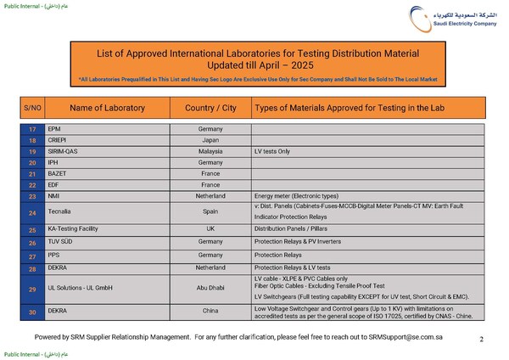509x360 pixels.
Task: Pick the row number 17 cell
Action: (32, 128)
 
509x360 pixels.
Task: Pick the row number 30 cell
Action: (32, 312)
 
